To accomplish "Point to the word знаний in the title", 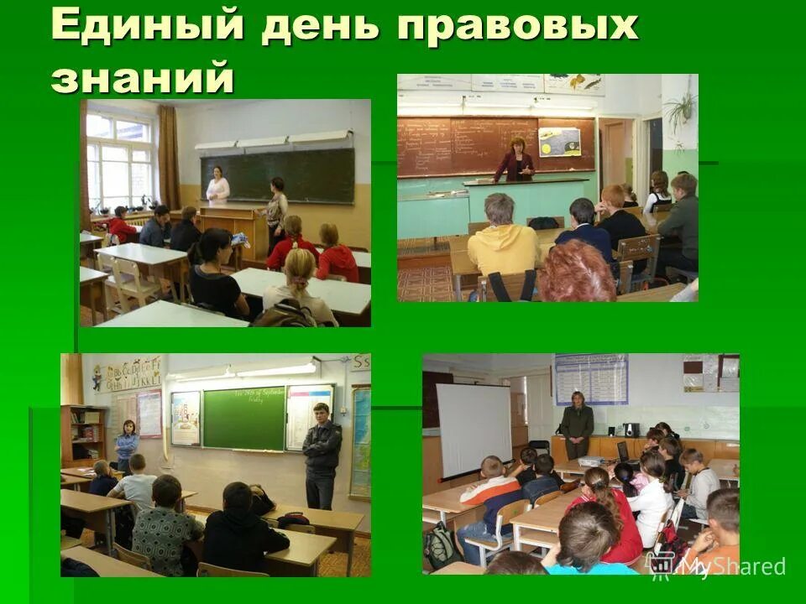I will pyautogui.click(x=141, y=77).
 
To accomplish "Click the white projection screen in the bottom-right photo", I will pyautogui.click(x=474, y=430).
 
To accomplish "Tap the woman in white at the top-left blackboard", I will pyautogui.click(x=217, y=185).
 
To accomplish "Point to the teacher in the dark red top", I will pyautogui.click(x=516, y=160).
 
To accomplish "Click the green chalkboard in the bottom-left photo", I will pyautogui.click(x=243, y=419).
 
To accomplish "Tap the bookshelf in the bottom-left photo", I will pyautogui.click(x=84, y=434).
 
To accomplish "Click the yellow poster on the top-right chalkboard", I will pyautogui.click(x=559, y=142).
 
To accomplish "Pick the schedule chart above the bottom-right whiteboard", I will pyautogui.click(x=591, y=379).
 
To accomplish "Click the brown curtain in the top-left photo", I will pyautogui.click(x=169, y=158).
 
